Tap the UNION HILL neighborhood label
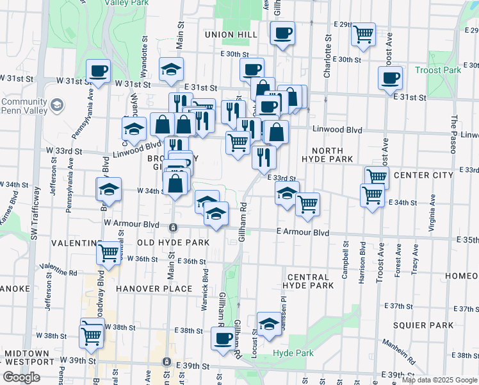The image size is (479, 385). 231,34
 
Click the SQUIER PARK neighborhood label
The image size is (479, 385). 419,325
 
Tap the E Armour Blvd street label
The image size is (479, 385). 303,232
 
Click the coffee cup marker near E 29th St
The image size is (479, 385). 282,33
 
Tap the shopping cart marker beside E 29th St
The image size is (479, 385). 364,34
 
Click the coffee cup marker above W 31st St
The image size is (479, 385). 98,71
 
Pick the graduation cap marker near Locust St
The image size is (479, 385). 269,324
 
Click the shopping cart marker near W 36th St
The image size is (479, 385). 108,252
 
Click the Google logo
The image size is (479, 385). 21,377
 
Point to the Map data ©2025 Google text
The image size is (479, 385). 439,380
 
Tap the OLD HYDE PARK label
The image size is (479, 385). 173,243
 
